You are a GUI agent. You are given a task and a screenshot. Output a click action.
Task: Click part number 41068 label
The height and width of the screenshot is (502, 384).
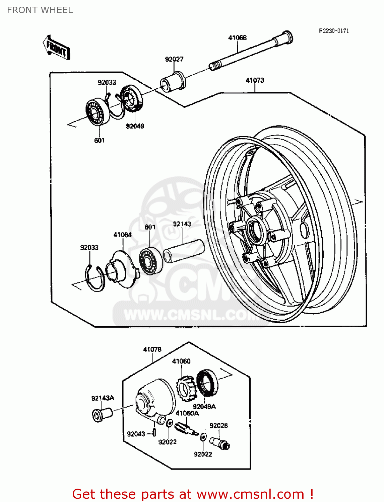click(x=237, y=37)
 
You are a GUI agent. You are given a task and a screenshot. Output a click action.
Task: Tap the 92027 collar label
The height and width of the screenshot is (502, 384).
click(x=174, y=59)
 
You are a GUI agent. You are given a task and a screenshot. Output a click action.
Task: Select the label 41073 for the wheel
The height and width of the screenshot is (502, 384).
click(x=255, y=80)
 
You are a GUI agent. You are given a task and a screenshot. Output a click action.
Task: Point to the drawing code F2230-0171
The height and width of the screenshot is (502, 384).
click(x=334, y=31)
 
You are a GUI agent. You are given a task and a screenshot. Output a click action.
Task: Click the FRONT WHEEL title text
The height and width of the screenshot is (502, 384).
click(x=40, y=10)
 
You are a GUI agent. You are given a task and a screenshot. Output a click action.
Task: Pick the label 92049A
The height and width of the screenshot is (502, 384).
click(x=204, y=407)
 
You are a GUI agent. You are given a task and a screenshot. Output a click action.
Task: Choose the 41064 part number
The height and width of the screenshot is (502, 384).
click(x=123, y=235)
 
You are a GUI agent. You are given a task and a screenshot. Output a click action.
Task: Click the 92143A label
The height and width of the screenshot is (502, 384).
click(x=103, y=398)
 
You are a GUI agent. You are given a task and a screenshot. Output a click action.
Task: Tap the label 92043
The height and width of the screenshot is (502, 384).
click(x=136, y=434)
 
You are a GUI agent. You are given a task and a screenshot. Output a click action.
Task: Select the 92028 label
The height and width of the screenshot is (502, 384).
click(x=218, y=426)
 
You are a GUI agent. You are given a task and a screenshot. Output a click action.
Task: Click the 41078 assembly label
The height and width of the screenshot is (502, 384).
click(x=152, y=349)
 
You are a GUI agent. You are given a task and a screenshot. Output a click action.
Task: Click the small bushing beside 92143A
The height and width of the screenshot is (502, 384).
click(x=102, y=414)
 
